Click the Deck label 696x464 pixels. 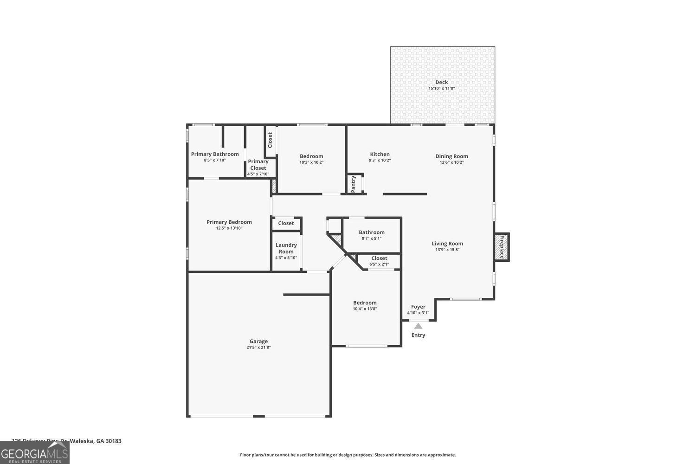click(x=441, y=82)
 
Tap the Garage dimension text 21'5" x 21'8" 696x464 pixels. click(x=258, y=348)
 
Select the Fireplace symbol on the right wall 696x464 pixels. click(x=502, y=247)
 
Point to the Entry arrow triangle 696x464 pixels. click(x=418, y=326)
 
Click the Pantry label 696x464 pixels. click(x=354, y=184)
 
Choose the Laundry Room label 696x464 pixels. click(x=286, y=248)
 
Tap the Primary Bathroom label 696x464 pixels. click(x=215, y=154)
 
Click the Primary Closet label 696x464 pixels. click(x=258, y=165)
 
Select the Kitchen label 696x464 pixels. click(x=380, y=154)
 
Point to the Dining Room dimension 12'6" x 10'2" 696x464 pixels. click(x=451, y=162)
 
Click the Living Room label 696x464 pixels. click(x=447, y=244)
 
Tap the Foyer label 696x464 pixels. click(x=418, y=307)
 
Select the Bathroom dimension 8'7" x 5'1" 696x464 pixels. click(x=371, y=238)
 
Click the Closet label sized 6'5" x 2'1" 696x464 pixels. click(x=379, y=258)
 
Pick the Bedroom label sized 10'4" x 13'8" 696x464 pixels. click(x=365, y=303)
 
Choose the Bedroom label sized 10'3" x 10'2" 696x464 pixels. click(x=311, y=156)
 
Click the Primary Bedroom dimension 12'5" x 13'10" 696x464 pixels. click(x=229, y=228)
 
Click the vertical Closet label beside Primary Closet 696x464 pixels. click(x=270, y=140)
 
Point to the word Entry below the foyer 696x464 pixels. click(x=418, y=335)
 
